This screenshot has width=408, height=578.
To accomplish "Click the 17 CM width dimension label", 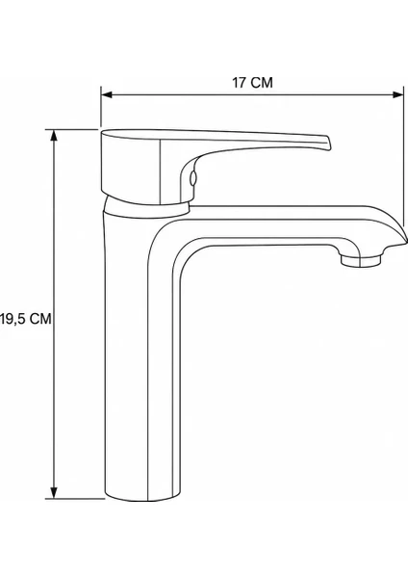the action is (252, 83).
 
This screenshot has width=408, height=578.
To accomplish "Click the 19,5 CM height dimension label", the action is (26, 319).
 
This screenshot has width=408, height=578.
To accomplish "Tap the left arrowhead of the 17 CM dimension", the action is (107, 94).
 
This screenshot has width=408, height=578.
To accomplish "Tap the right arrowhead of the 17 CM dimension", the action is (398, 94).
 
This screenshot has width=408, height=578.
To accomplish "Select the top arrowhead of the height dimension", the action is (54, 135).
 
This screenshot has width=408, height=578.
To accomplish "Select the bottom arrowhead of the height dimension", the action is (54, 493).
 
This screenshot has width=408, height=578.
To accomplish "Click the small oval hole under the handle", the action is (192, 178).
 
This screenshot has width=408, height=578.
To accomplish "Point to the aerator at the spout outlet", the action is (360, 260).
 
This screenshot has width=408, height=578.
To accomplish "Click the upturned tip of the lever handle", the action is (327, 143).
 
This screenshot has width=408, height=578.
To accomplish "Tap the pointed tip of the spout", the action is (405, 241).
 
